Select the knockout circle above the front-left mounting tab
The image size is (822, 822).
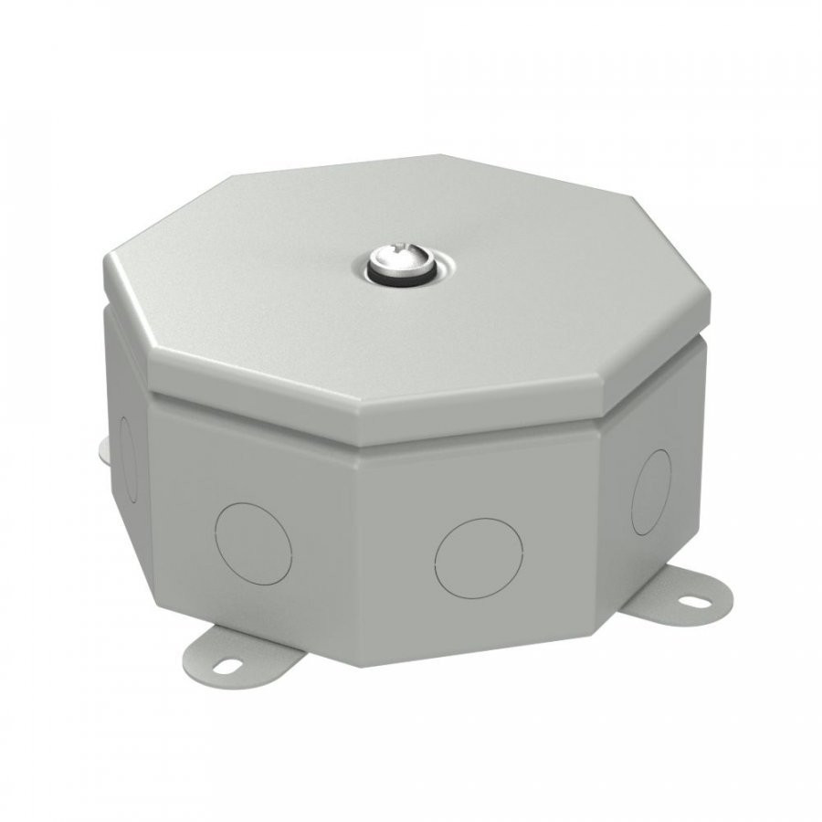pos(253,543)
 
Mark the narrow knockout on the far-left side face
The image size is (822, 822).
pos(128,457)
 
